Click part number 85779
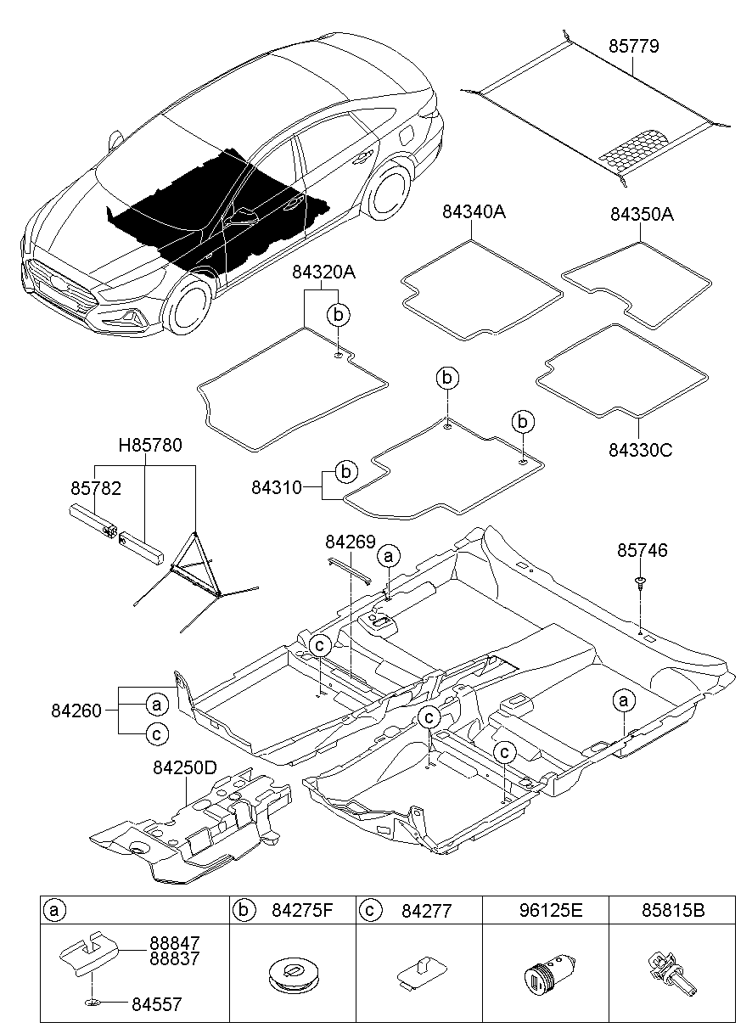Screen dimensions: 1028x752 point(633,45)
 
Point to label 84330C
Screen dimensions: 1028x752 point(640,450)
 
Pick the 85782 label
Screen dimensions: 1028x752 point(95,488)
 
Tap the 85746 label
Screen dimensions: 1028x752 point(642,551)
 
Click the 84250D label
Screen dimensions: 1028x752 point(185,767)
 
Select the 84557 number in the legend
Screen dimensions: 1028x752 point(156,1003)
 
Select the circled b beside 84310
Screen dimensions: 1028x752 point(345,471)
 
